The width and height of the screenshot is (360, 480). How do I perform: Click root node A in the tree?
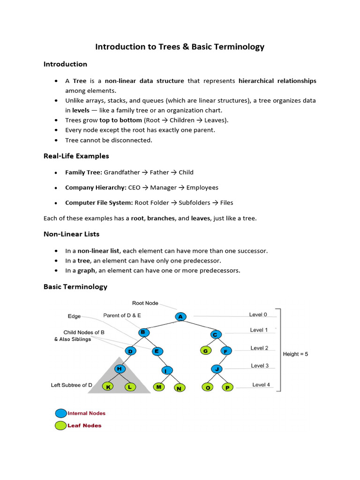pos(181,317)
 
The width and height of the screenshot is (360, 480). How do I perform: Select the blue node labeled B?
pos(143,332)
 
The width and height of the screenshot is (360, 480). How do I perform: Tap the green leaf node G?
pos(205,350)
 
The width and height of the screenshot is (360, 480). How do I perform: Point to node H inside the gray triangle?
pos(120,369)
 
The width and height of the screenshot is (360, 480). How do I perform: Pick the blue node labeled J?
pos(217,368)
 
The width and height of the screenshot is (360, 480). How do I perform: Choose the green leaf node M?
pos(159,387)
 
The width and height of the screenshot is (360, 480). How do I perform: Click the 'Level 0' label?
pos(258,315)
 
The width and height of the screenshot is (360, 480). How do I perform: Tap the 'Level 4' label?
pos(261,385)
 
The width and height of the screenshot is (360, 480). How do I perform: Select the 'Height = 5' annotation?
pos(295,354)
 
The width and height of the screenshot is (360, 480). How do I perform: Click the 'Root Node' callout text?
pos(145,303)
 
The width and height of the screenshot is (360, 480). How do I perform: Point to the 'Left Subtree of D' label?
pos(72,385)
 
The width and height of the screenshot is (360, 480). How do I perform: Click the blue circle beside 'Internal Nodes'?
pos(61,413)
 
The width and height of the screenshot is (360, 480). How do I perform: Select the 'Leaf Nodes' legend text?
pos(84,426)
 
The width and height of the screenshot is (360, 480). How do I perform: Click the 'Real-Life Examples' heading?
pos(76,156)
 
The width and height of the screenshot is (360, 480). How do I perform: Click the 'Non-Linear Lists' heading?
pos(71,234)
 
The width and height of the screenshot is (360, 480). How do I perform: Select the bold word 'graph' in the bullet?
pos(86,270)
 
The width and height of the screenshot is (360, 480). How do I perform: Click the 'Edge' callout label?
pos(74,316)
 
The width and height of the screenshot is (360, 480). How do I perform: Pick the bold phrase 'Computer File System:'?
pos(99,203)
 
